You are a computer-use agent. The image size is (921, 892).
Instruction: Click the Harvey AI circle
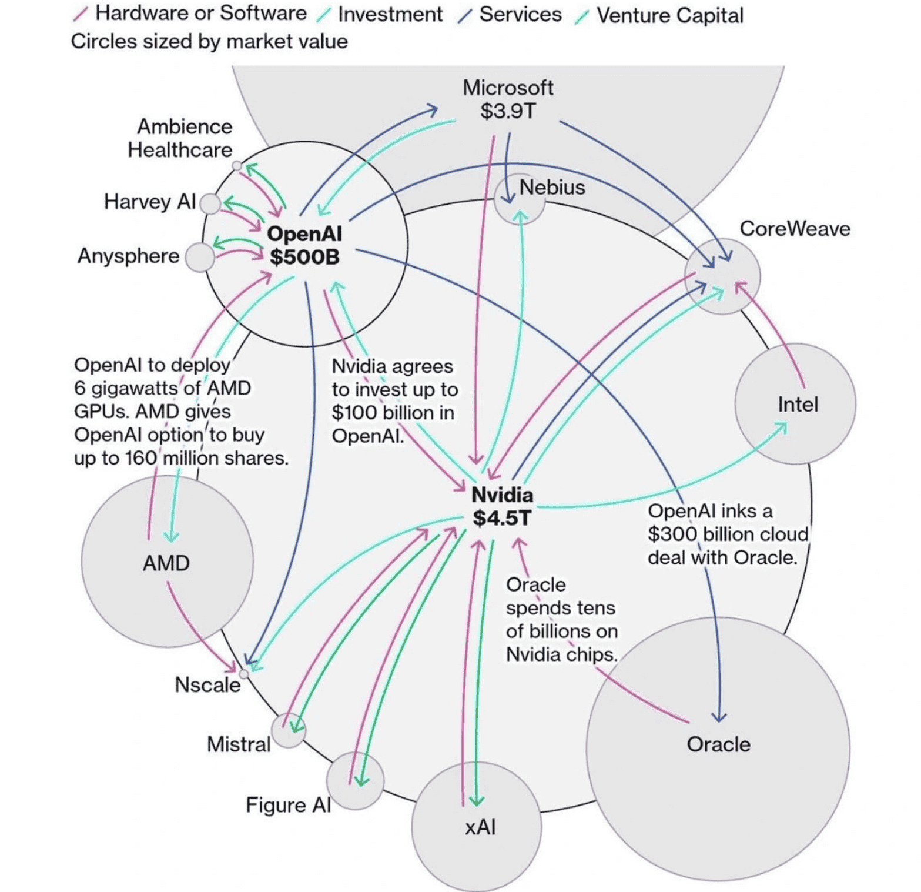tap(210, 204)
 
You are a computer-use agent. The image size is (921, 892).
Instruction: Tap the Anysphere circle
tap(200, 258)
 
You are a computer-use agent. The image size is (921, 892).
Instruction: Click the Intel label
tap(798, 405)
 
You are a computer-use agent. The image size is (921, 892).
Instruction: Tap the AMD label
tap(166, 563)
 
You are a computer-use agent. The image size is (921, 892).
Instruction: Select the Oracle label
tap(718, 744)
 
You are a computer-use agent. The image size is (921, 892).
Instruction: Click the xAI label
tap(480, 827)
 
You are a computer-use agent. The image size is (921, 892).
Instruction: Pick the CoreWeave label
tap(795, 229)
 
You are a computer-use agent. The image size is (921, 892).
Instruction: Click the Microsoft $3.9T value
tap(508, 111)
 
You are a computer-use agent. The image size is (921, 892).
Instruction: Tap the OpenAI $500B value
tap(304, 257)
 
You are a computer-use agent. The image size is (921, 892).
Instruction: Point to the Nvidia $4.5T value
tap(502, 518)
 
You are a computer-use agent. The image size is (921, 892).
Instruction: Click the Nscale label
tap(207, 685)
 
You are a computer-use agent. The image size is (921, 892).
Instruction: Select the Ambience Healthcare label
tap(180, 138)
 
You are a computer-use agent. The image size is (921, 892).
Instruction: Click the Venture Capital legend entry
tap(669, 15)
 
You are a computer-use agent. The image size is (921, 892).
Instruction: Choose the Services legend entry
tap(520, 15)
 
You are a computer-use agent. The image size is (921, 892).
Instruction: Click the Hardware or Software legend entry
tap(200, 14)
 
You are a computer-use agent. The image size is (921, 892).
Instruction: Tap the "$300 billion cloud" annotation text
tap(728, 534)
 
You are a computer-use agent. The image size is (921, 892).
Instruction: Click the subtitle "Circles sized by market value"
tap(209, 42)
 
